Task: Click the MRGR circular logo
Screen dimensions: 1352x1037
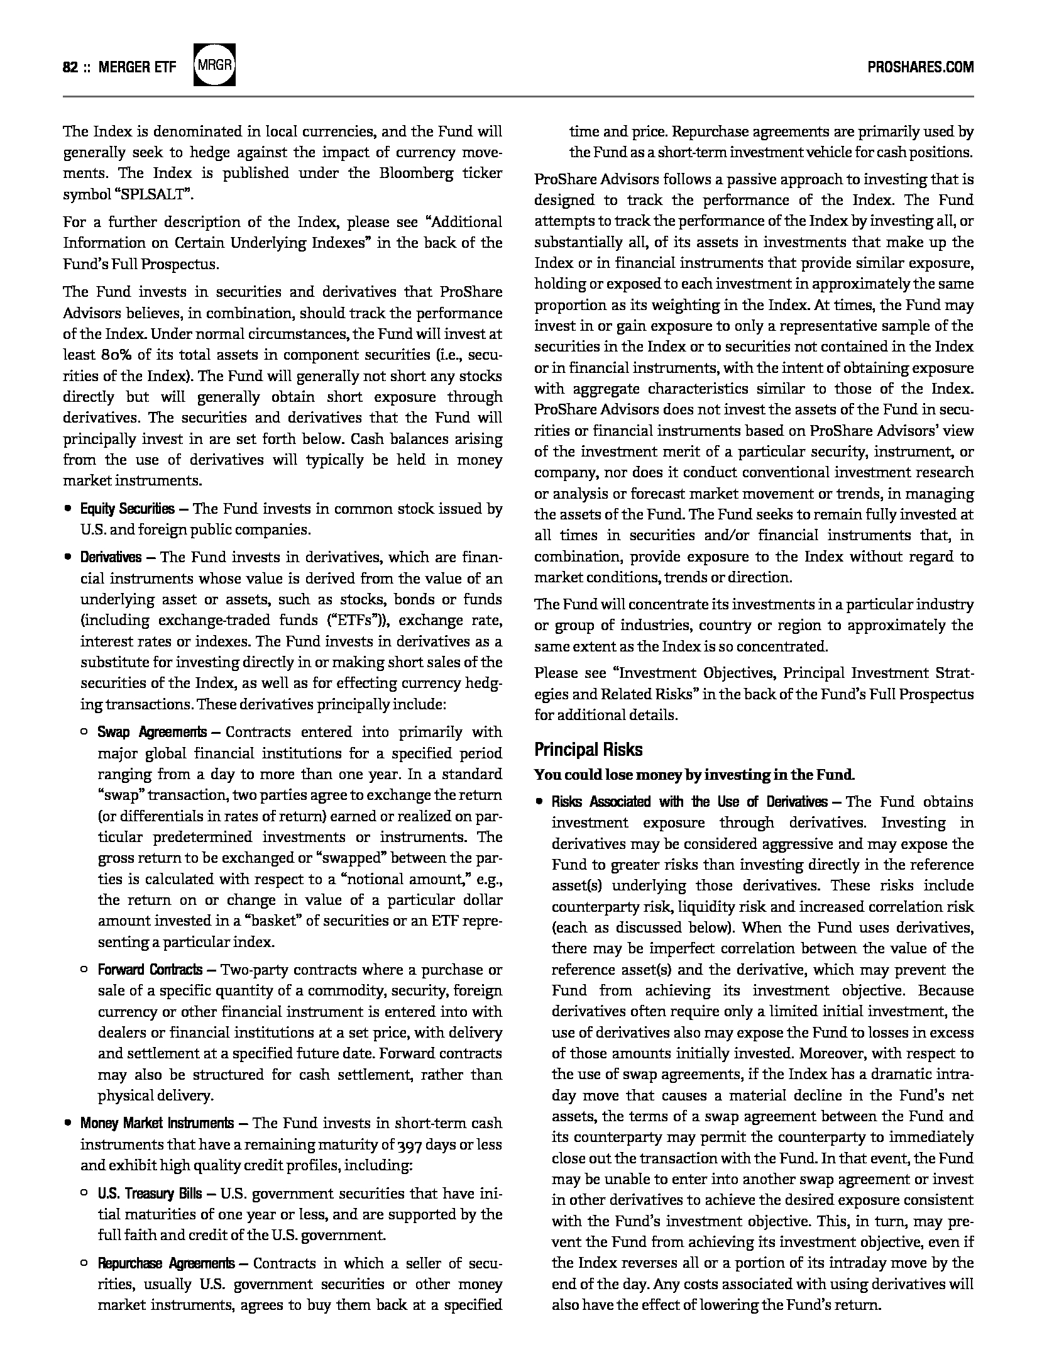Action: pyautogui.click(x=215, y=65)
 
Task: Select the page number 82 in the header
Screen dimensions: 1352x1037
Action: pyautogui.click(x=70, y=67)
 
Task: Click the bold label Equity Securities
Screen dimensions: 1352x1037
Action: pyautogui.click(x=127, y=509)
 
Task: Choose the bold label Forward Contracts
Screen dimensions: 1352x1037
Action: pyautogui.click(x=150, y=970)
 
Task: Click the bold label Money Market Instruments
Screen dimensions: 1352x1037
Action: pyautogui.click(x=156, y=1123)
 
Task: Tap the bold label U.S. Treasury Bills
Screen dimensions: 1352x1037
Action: pyautogui.click(x=150, y=1194)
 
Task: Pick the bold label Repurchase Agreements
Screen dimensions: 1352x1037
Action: pyautogui.click(x=166, y=1263)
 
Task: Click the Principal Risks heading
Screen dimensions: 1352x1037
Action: pyautogui.click(x=588, y=750)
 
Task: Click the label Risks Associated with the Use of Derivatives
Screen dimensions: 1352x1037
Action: pyautogui.click(x=689, y=802)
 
